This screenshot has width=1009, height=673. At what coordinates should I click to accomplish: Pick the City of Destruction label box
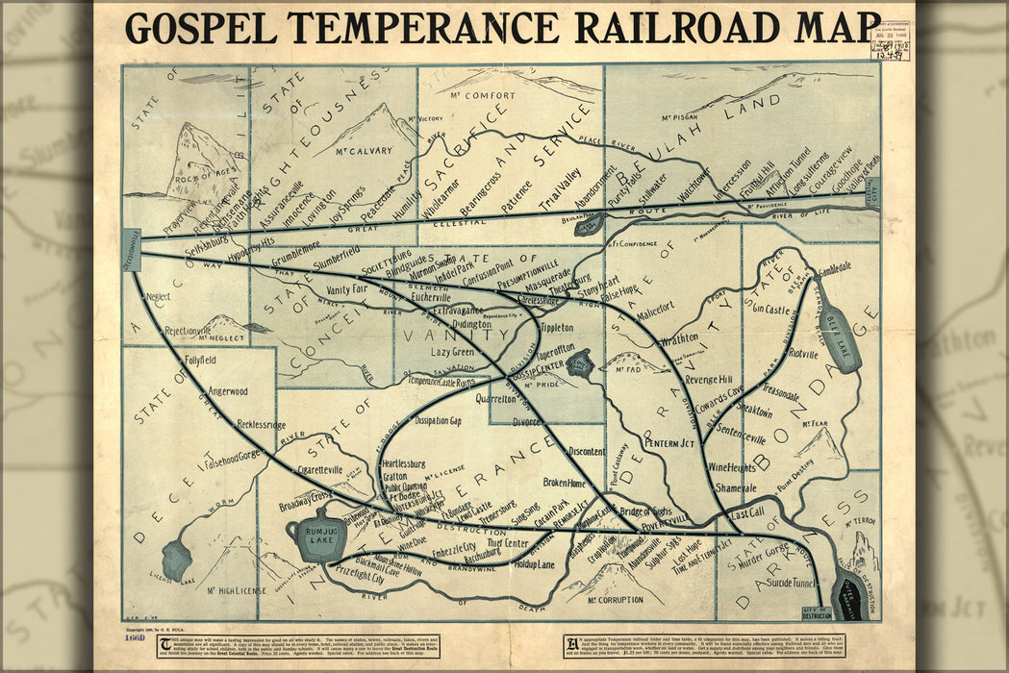click(816, 612)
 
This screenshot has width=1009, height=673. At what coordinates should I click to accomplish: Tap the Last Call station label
click(747, 512)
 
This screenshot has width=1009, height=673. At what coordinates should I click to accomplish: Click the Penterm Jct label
click(670, 443)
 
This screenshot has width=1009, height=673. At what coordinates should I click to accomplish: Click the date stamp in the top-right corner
click(890, 38)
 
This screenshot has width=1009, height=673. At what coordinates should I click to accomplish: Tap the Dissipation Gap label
click(438, 421)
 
